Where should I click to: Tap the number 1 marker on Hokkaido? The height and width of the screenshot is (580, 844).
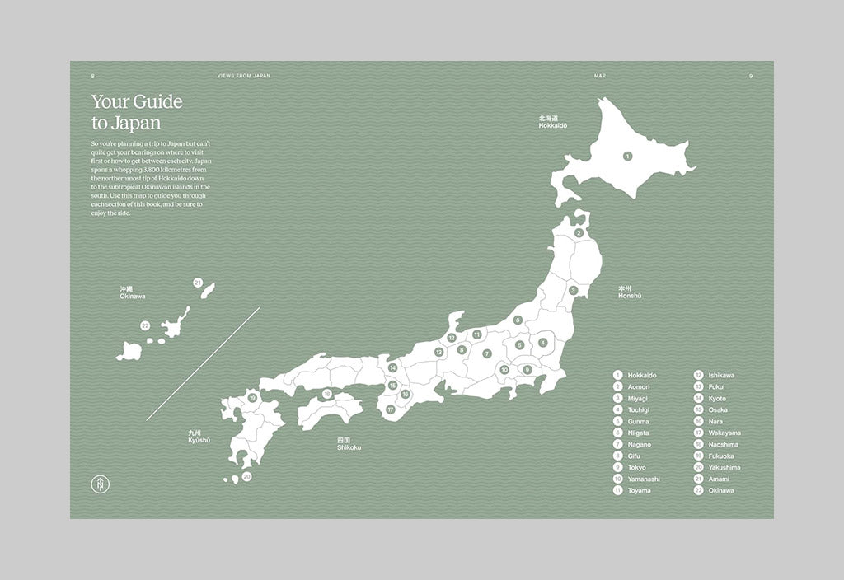pyautogui.click(x=627, y=155)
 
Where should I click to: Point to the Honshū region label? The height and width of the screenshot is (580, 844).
pyautogui.click(x=629, y=292)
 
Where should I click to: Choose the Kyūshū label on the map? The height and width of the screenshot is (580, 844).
pyautogui.click(x=199, y=437)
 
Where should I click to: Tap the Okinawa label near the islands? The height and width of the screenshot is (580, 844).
pyautogui.click(x=132, y=293)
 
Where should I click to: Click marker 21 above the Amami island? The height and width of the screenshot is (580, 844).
pyautogui.click(x=198, y=283)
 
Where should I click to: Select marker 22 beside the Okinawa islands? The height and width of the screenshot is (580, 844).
pyautogui.click(x=145, y=325)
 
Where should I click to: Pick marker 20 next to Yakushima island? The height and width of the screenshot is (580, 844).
pyautogui.click(x=246, y=476)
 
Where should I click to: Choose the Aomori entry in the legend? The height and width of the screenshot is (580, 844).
pyautogui.click(x=638, y=386)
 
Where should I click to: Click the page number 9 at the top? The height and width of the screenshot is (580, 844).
pyautogui.click(x=751, y=75)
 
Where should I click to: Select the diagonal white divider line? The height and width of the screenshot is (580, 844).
pyautogui.click(x=204, y=363)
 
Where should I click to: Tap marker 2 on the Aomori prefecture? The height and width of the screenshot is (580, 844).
pyautogui.click(x=579, y=233)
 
